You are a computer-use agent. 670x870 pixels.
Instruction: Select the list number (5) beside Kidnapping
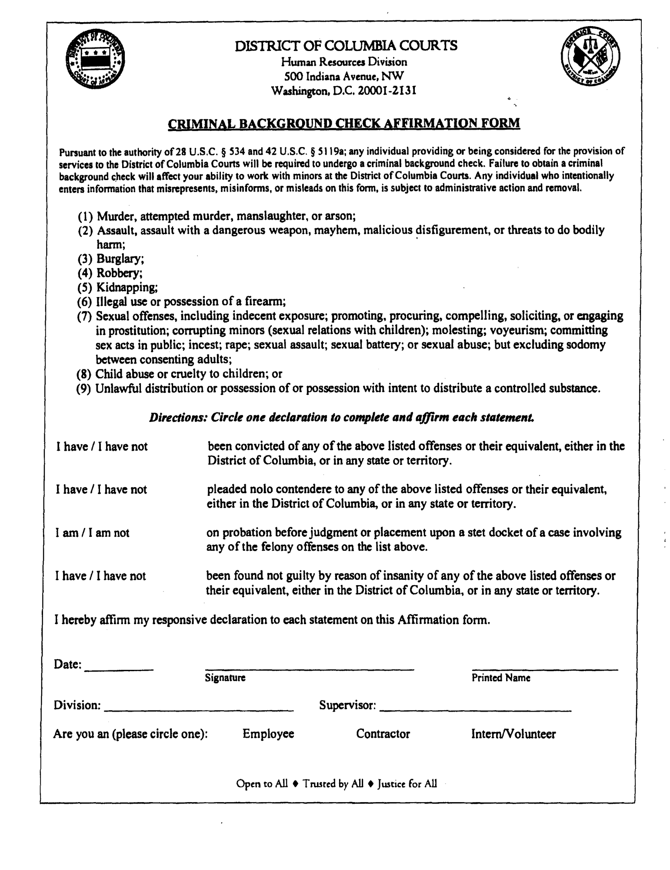pos(85,288)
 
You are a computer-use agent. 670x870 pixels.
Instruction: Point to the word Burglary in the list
pos(120,259)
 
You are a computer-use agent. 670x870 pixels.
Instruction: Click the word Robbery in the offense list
pos(119,273)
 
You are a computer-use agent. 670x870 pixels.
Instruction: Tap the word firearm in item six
pos(265,301)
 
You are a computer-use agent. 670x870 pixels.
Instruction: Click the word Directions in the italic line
pos(178,418)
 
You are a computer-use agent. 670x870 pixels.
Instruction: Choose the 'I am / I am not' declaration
pos(92,533)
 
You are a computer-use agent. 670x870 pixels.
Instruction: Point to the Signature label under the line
pos(225,678)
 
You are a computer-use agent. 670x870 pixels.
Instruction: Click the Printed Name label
pos(500,678)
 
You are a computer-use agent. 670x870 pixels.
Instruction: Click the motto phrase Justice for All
pos(407,784)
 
